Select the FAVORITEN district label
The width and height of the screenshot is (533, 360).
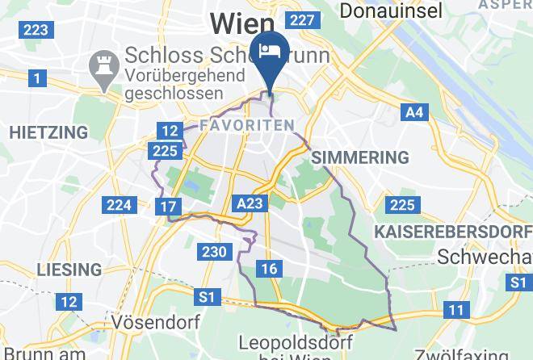(246, 125)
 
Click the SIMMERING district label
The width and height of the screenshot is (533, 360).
(359, 157)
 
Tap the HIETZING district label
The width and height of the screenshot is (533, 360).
(48, 132)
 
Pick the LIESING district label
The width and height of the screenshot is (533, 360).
(68, 269)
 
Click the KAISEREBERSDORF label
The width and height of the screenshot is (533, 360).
(453, 232)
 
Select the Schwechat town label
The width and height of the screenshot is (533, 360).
(483, 257)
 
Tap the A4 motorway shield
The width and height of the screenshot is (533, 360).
(414, 112)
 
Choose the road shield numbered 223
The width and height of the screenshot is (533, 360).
(36, 30)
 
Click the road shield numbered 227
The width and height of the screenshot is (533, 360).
(300, 20)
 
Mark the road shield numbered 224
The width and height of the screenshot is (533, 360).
(119, 205)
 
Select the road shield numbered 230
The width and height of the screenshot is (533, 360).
(215, 252)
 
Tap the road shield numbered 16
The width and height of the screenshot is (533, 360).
(269, 269)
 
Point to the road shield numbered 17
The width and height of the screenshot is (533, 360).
(168, 207)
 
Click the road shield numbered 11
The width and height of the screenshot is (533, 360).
(457, 310)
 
